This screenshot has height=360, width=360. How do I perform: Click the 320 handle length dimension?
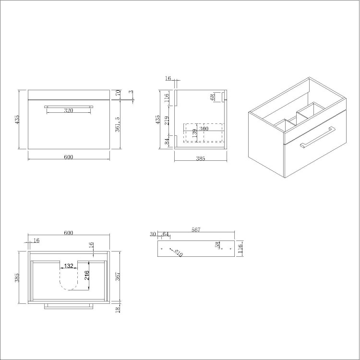[68, 111]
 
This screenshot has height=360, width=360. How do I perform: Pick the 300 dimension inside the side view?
[204, 129]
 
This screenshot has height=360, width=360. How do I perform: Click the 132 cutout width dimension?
[69, 266]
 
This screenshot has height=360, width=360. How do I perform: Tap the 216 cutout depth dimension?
[87, 276]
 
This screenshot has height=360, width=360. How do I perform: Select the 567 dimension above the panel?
[195, 230]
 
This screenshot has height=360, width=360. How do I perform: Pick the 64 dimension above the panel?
[166, 234]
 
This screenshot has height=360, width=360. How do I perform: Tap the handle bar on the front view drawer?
[68, 107]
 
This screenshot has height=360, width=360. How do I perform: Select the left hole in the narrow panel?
[162, 249]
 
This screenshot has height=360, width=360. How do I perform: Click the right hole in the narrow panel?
[228, 249]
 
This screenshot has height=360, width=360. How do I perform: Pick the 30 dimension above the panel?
[153, 234]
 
